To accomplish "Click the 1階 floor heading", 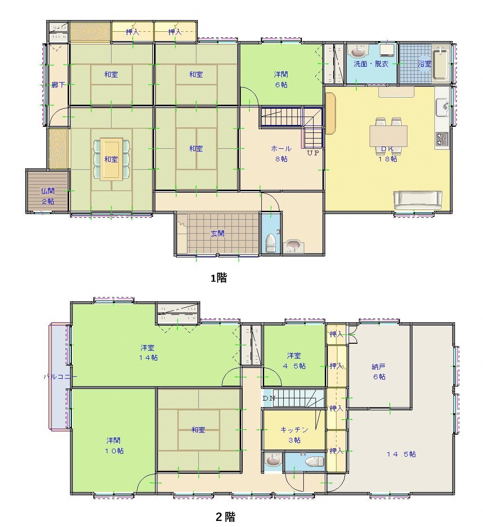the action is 218,278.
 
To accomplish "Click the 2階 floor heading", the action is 225,517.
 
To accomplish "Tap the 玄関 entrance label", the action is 217,233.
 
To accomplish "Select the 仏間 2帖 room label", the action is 48,196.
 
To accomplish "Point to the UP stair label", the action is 313,153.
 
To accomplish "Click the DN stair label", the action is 269,398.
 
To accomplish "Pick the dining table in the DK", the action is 388,136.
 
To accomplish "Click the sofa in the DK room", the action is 417,200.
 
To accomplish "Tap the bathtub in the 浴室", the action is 441,64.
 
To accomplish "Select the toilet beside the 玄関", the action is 271,243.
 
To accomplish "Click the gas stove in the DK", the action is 442,139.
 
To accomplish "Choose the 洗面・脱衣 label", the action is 371,63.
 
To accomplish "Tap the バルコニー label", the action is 61,376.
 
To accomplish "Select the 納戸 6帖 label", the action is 379,371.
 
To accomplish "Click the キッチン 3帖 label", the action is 294,435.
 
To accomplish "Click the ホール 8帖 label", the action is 281,153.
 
